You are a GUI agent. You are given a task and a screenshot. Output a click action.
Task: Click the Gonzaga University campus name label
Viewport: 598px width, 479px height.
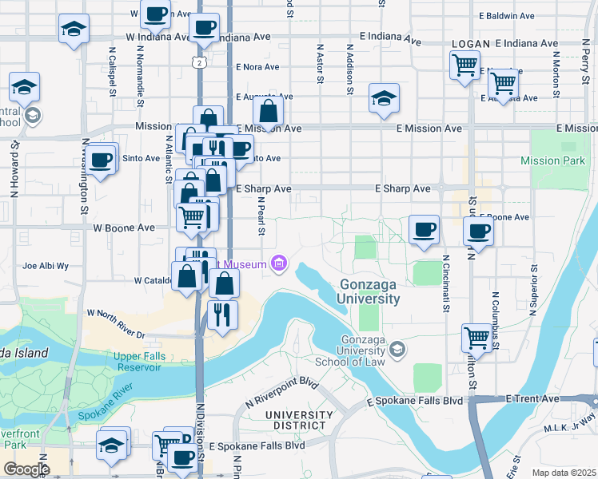point(369,291)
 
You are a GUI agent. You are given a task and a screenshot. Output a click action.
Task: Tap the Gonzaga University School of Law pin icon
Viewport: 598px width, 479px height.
point(396,349)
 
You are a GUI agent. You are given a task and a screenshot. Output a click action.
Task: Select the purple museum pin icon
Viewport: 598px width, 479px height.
point(279,263)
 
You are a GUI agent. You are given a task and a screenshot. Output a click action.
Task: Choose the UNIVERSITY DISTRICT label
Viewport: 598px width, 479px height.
point(295,421)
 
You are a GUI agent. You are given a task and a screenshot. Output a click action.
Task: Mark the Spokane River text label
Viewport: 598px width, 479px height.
point(106,404)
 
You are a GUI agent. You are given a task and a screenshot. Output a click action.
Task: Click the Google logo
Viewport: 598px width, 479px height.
point(26,469)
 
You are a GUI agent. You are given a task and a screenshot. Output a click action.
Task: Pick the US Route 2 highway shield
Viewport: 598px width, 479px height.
point(197,61)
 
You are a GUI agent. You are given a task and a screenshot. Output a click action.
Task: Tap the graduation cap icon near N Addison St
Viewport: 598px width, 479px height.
point(384,98)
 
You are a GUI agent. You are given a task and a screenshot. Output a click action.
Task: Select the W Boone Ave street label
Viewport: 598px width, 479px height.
point(124,228)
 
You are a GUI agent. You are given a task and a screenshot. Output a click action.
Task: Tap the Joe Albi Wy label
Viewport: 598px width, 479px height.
point(46,266)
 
